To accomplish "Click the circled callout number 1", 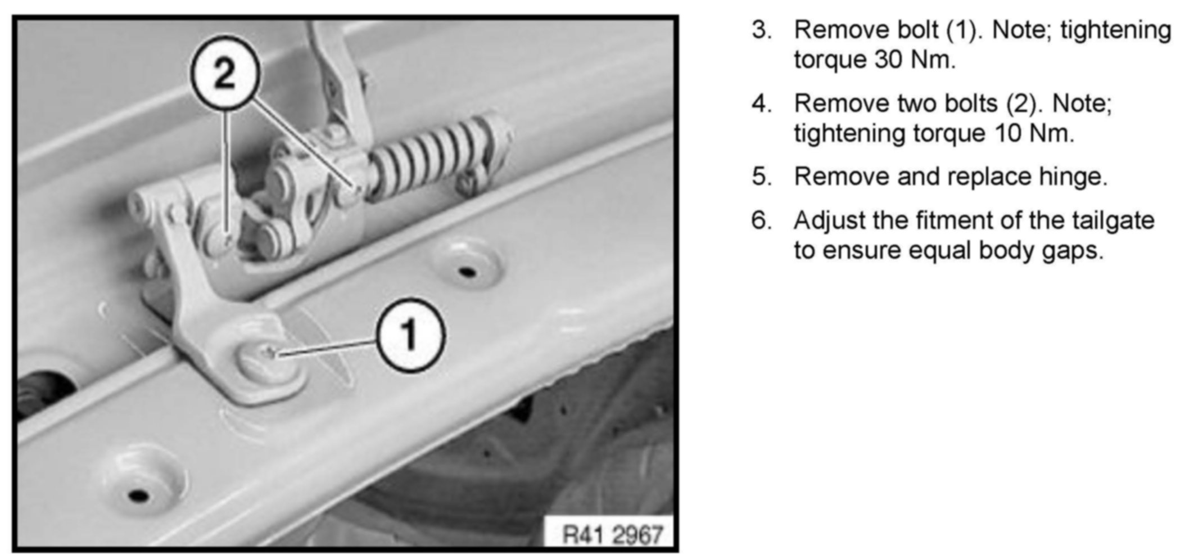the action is [x=410, y=335].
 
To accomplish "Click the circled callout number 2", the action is [x=225, y=74].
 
